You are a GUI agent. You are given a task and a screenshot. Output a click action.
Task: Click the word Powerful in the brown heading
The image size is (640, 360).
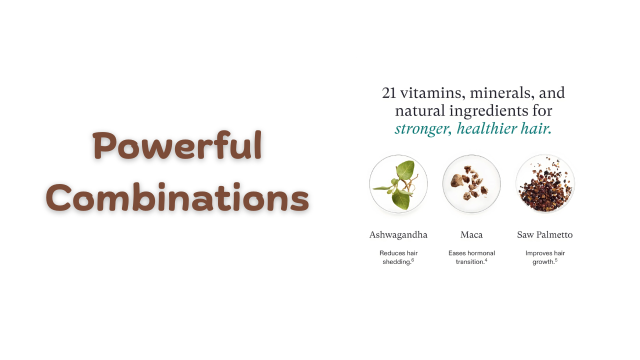(177, 145)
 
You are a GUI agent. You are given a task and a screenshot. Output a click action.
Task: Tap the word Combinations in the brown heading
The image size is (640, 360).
(177, 197)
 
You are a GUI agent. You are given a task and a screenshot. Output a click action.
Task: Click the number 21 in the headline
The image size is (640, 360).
(389, 93)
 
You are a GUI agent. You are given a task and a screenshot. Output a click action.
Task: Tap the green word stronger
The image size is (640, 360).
(423, 129)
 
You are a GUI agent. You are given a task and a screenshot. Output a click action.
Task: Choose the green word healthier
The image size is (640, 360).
(487, 128)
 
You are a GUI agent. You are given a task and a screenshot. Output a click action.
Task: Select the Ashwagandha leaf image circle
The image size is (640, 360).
(398, 184)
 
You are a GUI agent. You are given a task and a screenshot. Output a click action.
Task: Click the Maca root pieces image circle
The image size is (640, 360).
(471, 184)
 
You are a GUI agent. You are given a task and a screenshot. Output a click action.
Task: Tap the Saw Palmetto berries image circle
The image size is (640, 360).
(545, 184)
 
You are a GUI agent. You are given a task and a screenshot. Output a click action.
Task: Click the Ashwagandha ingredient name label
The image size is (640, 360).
(398, 235)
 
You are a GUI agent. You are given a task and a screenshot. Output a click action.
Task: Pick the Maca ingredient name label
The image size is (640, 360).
(471, 235)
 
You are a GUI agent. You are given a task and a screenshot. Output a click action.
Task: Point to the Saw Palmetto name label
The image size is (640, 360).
(545, 235)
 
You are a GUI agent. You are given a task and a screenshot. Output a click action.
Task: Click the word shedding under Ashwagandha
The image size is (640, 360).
(396, 262)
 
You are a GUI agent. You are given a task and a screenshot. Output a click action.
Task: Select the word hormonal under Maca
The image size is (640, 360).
(482, 253)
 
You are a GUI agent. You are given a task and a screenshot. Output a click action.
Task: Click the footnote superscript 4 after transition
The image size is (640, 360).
(486, 260)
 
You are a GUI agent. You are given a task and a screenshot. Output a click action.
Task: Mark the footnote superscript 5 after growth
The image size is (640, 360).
(556, 260)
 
